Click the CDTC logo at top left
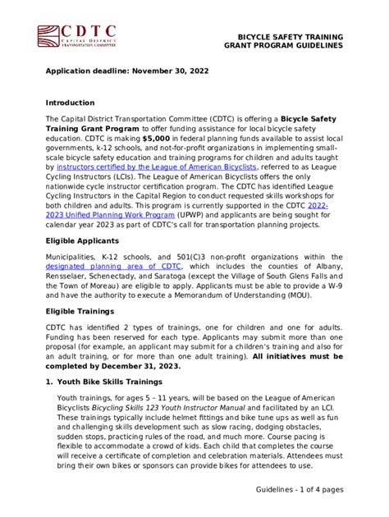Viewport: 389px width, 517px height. [76, 38]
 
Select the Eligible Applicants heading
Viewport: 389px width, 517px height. [83, 241]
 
